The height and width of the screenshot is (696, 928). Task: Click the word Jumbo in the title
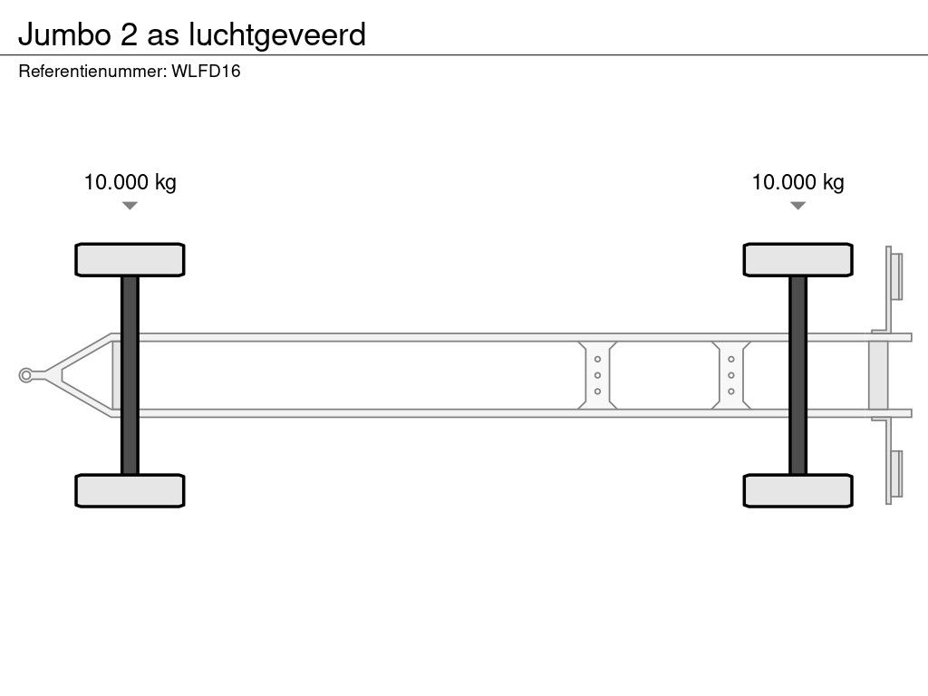[x=64, y=34]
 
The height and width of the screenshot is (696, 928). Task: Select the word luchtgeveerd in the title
[x=277, y=36]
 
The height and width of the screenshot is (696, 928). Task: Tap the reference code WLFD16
[x=206, y=71]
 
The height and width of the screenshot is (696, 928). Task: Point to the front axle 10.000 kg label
[x=130, y=181]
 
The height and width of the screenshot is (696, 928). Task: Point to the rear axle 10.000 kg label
[x=797, y=181]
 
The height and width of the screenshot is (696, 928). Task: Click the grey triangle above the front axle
[x=130, y=206]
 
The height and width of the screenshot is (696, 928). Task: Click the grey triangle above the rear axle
[x=797, y=206]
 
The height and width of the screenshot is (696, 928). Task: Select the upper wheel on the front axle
[x=130, y=259]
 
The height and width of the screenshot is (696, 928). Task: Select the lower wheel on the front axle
[x=130, y=490]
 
